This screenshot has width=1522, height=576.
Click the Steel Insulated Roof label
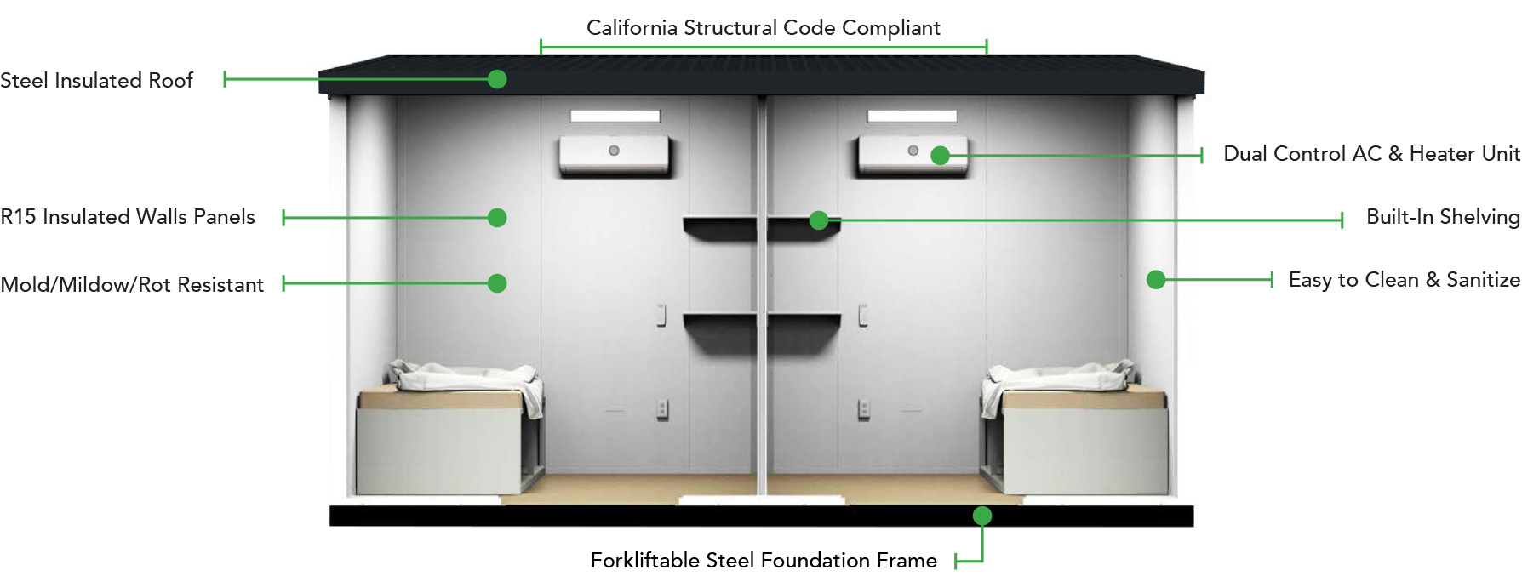coord(96,80)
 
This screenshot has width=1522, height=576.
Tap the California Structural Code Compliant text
coord(764,28)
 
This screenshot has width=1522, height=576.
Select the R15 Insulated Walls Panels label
coord(128,217)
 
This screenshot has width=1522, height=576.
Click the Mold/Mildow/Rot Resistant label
coord(132,284)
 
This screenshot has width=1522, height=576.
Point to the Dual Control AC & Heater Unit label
coord(1371,154)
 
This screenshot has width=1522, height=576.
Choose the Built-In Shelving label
coord(1443,217)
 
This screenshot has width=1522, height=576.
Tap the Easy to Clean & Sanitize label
coord(1404,280)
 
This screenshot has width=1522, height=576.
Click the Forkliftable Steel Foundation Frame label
coord(764,561)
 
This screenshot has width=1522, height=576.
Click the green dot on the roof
coord(497,79)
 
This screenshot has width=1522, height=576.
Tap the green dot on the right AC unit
coord(940,156)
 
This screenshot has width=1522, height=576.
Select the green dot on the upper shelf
coord(819,220)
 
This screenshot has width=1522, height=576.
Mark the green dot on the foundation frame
coord(982,516)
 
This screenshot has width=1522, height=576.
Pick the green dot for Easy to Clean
coord(1156,279)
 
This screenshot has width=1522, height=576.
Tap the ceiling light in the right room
coord(912,116)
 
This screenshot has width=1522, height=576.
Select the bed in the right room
coord(1074,429)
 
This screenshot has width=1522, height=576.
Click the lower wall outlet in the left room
coord(662,410)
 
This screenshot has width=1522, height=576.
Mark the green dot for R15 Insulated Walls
coord(497,218)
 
